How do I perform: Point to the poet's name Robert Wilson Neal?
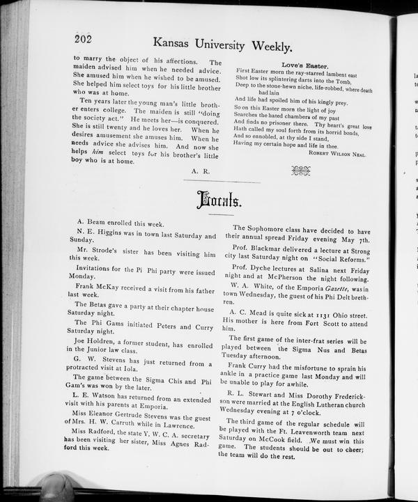tap(337, 154)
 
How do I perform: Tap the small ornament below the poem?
tap(300, 169)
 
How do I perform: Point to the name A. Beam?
tap(91, 224)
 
